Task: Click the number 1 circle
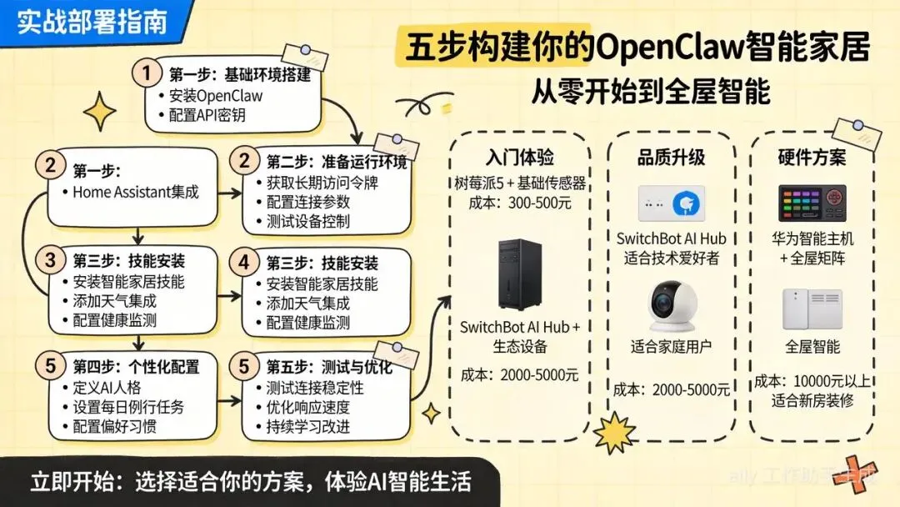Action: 147,73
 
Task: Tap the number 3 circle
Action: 50,260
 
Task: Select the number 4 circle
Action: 244,262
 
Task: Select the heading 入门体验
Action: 520,158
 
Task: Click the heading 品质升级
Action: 671,157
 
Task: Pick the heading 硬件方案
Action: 811,157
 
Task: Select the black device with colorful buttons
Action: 812,203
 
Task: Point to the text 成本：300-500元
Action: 519,202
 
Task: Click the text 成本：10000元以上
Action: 812,382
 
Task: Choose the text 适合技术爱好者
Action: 671,258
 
